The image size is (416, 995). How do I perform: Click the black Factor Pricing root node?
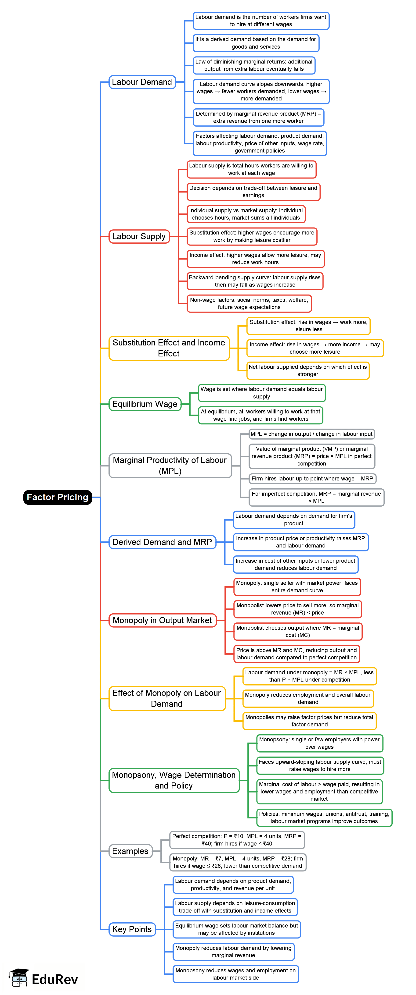point(58,497)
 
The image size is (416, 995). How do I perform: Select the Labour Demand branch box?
point(142,82)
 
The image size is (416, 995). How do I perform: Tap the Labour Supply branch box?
point(139,236)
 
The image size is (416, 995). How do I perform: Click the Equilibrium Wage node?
point(145,404)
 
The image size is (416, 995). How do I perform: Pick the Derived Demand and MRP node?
point(162,542)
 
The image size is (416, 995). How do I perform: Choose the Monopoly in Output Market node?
point(162,620)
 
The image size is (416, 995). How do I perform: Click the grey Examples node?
point(130,851)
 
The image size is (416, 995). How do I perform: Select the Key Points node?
point(132,929)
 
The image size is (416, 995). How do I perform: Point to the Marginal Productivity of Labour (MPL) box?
point(170,466)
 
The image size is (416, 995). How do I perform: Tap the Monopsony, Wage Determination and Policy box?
point(174,780)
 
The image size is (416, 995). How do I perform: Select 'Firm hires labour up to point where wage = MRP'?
point(312,479)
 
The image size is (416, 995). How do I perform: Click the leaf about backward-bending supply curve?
point(255,281)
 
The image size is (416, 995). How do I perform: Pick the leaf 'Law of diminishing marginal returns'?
point(254,65)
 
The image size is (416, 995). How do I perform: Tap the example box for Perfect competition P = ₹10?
point(237,840)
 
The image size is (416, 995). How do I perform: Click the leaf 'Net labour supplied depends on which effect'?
point(308,370)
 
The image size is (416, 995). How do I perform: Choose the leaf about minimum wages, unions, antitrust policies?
point(324,817)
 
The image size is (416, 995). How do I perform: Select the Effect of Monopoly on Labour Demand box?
point(167,698)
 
